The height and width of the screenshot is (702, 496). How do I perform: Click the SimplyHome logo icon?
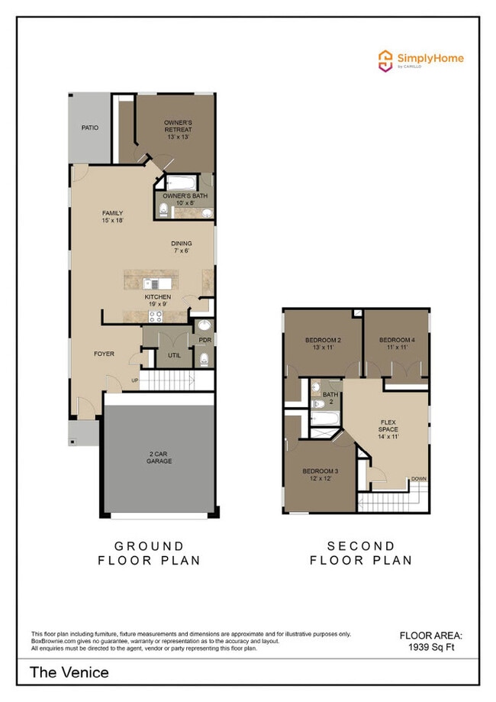386,60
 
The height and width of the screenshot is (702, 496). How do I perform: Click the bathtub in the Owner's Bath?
182,183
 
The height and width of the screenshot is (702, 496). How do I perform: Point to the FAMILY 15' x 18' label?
113,217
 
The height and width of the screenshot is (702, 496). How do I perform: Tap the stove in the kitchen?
156,316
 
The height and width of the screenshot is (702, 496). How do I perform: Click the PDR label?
204,340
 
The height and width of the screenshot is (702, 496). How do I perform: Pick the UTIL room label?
174,355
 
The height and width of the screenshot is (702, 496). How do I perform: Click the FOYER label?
105,354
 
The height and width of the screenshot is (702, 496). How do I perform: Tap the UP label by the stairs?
135,380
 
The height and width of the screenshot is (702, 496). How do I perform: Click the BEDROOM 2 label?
323,343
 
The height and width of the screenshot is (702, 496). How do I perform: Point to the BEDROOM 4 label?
397,343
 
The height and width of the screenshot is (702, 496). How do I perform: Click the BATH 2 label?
330,398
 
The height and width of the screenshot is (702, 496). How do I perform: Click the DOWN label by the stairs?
419,479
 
